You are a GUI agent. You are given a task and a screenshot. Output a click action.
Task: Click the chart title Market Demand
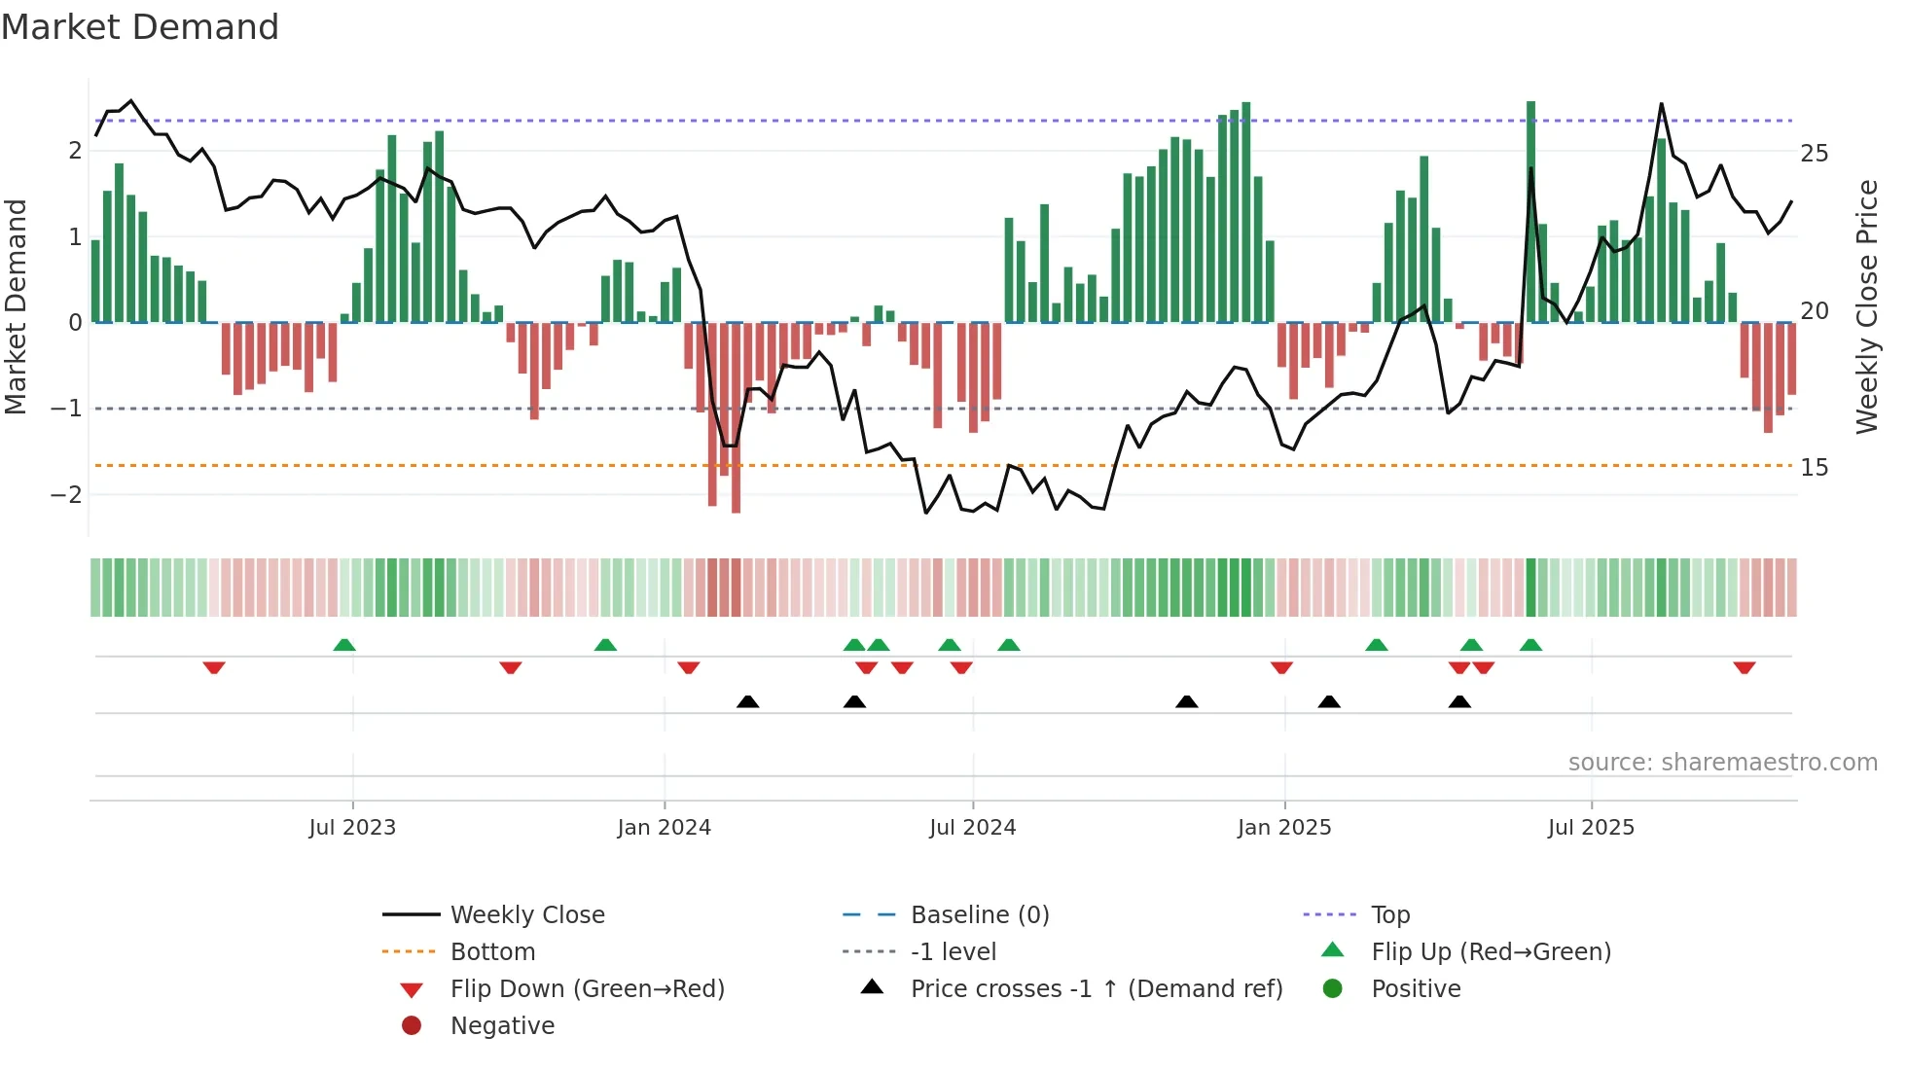tap(140, 27)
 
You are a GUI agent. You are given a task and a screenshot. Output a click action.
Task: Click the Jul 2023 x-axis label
tap(352, 828)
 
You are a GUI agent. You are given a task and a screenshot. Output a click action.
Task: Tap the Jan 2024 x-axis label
tap(664, 828)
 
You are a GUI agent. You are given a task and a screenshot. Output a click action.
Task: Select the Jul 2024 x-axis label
tap(972, 828)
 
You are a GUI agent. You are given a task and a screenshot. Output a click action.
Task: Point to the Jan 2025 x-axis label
tap(1284, 828)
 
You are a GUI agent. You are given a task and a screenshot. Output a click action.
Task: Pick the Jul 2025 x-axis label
tap(1591, 828)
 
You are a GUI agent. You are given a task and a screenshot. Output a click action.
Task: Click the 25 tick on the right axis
tap(1814, 154)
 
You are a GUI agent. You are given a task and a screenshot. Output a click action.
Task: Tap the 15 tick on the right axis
tap(1814, 468)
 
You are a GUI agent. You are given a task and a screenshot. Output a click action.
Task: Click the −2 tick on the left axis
tap(66, 494)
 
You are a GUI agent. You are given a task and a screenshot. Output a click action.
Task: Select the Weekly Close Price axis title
tap(1866, 306)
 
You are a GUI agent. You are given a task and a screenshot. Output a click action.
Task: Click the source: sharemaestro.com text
tap(1722, 763)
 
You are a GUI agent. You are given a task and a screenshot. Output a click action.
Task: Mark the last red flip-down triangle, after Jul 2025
tap(1744, 667)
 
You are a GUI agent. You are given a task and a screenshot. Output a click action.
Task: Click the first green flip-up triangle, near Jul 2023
tap(344, 645)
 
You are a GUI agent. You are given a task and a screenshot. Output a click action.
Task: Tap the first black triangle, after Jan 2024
tap(747, 701)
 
